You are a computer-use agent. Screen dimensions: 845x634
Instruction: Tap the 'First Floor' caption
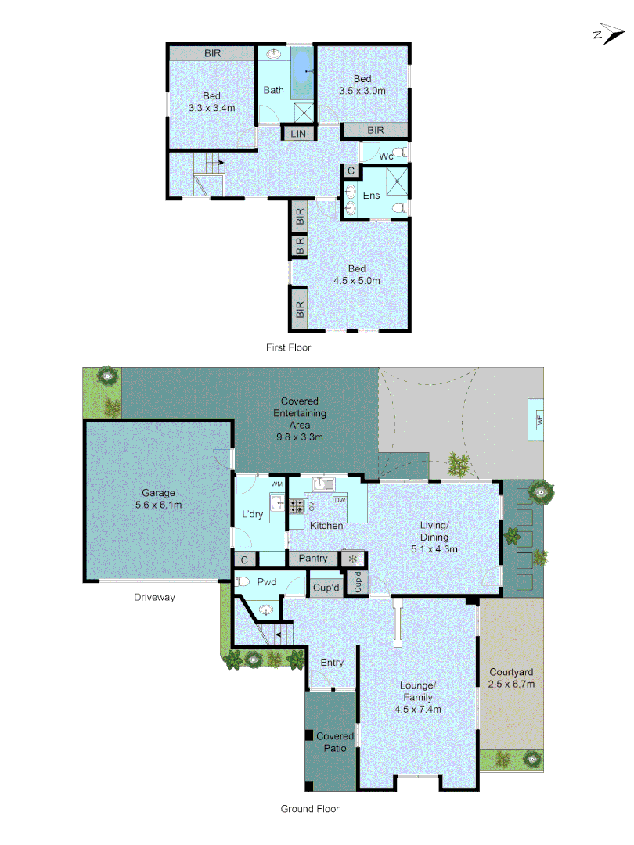tap(289, 347)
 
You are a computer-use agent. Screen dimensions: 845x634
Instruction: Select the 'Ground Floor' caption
tap(310, 809)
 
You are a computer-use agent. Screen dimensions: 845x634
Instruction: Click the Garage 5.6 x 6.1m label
tap(159, 499)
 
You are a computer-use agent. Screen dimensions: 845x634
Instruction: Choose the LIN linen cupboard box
tap(298, 134)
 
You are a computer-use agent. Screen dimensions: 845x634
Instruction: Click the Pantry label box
tap(313, 559)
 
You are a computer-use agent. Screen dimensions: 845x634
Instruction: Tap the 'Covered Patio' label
tap(335, 742)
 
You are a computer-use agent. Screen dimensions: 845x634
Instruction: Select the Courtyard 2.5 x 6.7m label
tap(512, 678)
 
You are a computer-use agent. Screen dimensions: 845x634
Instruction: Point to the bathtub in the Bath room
tap(301, 74)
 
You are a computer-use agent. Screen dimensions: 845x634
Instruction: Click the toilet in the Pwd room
tap(244, 581)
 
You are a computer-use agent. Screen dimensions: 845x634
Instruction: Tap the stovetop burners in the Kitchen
tap(297, 505)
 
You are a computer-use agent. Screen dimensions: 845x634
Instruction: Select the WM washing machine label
tap(276, 484)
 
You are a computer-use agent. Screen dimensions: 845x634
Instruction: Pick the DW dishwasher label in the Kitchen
tap(340, 499)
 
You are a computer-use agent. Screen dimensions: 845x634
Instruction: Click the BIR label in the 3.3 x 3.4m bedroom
tap(212, 53)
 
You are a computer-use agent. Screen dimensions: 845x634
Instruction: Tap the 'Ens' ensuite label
tap(371, 195)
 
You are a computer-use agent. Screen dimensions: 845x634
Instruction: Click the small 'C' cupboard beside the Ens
tap(351, 171)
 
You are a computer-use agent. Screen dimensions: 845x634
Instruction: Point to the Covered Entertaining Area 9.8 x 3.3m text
tap(300, 419)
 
